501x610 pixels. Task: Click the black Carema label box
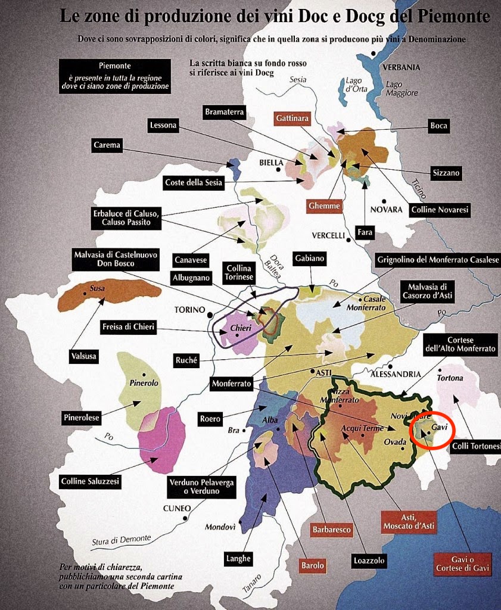pos(107,145)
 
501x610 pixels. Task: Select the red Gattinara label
pos(292,119)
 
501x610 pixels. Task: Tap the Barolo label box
pos(313,565)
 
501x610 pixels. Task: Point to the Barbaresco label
pos(332,529)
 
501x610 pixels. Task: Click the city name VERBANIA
pos(402,67)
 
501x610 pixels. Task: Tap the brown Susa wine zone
pos(107,295)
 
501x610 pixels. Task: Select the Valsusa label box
pos(83,356)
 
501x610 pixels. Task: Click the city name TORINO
pos(189,310)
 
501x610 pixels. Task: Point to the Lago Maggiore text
pos(402,89)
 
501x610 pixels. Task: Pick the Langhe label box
pos(238,558)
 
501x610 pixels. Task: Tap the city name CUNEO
pos(177,508)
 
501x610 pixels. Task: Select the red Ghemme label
pos(325,206)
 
